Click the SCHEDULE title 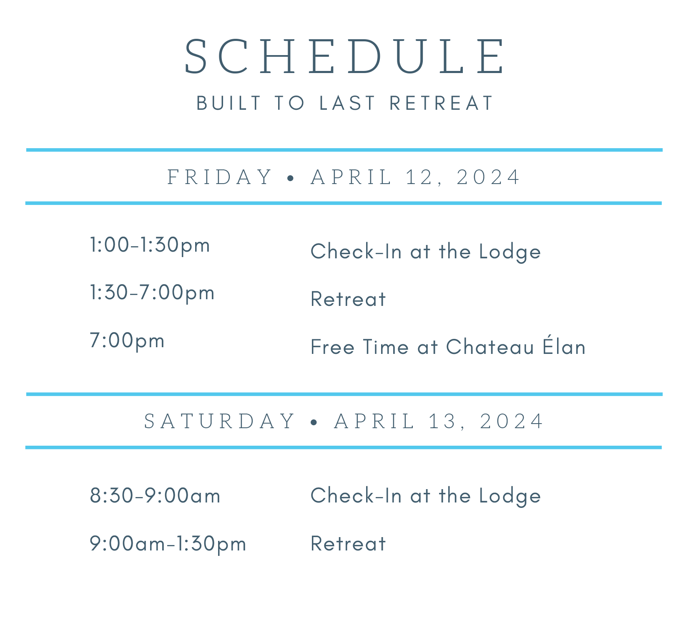tap(344, 57)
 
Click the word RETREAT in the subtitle tap(441, 103)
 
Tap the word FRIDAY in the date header tap(220, 177)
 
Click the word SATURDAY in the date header tap(220, 421)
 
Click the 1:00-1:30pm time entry tap(150, 245)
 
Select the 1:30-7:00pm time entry tap(152, 293)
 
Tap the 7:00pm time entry tap(127, 341)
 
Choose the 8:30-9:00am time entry tap(155, 496)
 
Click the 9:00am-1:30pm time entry tap(168, 544)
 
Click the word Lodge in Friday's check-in tap(510, 252)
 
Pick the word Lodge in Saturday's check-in tap(510, 496)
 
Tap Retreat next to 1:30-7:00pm tap(348, 299)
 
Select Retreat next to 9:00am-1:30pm tap(348, 544)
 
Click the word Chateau tap(490, 347)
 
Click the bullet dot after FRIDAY tap(291, 178)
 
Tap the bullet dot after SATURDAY tap(314, 422)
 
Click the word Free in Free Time tap(332, 347)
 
